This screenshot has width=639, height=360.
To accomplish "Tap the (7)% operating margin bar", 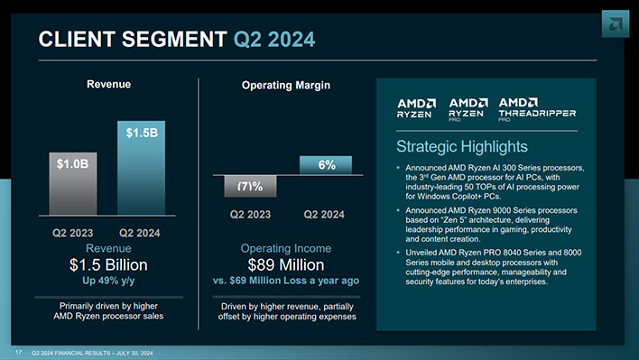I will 249,185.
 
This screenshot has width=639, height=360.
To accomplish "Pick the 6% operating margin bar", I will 326,164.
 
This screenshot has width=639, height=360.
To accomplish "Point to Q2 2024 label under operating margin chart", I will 324,215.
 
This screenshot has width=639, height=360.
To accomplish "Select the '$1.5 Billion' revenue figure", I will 108,264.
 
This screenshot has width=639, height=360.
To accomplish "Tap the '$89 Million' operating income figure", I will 285,264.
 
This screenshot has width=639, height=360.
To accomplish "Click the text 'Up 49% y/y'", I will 108,281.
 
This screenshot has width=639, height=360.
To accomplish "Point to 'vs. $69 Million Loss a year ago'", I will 285,281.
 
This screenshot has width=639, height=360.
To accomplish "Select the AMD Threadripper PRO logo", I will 536,108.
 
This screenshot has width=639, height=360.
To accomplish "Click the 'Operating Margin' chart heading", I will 285,85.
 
